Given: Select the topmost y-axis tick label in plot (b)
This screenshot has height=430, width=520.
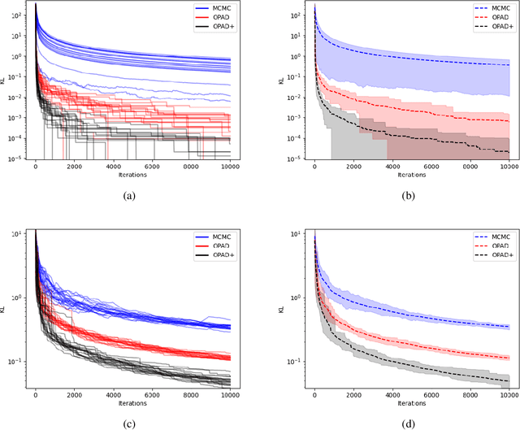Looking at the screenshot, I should (297, 15).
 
